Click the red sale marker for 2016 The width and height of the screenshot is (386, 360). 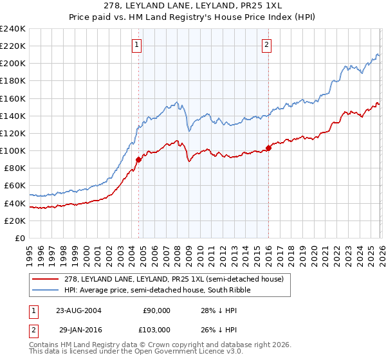[x=268, y=148]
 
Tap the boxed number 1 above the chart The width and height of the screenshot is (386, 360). [x=138, y=44]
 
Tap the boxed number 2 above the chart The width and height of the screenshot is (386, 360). [x=266, y=44]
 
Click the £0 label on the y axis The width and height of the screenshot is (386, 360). [x=19, y=238]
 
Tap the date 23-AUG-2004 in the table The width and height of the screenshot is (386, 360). [x=78, y=310]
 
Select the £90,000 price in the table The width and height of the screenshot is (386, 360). [x=156, y=310]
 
